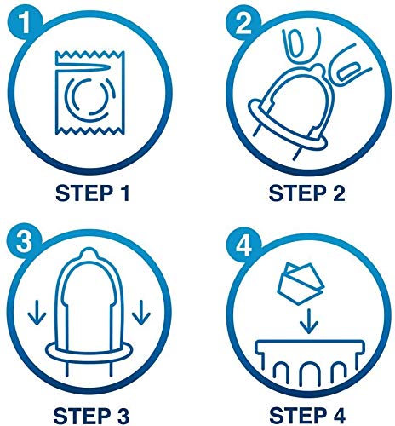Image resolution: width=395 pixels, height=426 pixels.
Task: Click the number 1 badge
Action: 25,23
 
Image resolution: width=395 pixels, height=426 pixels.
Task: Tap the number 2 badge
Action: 243,23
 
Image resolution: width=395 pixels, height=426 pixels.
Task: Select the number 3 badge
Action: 25,242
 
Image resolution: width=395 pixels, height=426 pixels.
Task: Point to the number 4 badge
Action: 243,245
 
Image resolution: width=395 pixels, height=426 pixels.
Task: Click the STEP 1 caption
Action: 93,193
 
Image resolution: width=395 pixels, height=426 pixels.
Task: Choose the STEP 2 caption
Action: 307,193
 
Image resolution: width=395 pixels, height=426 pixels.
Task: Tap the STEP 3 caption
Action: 91,416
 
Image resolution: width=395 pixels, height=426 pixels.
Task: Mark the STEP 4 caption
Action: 307,416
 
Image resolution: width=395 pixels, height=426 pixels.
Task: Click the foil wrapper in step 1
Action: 89,92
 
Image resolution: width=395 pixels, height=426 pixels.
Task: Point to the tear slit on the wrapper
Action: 83,66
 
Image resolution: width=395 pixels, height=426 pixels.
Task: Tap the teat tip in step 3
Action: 89,254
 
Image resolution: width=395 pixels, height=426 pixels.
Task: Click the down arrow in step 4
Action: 309,321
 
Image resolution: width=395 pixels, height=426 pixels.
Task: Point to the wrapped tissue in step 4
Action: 301,283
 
